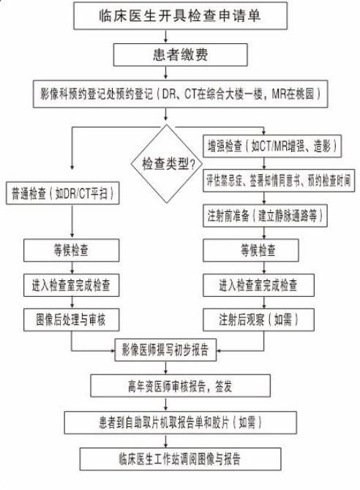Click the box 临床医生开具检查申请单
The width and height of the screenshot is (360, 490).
(x=181, y=16)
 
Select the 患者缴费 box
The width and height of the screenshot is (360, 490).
(x=181, y=55)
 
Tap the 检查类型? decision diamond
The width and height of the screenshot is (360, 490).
(x=167, y=164)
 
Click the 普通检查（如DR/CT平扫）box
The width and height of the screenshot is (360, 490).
(x=62, y=193)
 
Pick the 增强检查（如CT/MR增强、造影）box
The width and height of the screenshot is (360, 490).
(x=272, y=146)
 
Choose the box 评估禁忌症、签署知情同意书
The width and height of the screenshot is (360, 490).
(x=279, y=181)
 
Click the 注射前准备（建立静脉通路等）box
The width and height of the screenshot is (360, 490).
(x=265, y=216)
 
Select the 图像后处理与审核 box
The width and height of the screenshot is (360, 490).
(x=71, y=320)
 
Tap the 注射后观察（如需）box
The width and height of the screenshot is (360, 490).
(x=259, y=320)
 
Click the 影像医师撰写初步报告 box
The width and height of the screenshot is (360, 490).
(x=165, y=350)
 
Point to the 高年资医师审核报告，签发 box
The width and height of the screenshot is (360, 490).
(x=181, y=386)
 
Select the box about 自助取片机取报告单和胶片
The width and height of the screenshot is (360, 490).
(x=181, y=423)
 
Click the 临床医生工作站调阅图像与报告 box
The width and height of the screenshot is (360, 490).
(x=181, y=459)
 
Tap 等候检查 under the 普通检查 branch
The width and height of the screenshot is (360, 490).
(x=71, y=250)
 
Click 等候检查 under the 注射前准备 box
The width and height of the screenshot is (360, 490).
(x=251, y=250)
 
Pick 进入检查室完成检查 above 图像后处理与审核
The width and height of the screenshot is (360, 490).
(x=71, y=285)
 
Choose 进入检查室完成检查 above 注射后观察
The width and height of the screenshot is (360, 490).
(x=259, y=285)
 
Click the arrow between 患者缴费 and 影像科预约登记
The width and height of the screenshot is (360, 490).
(x=166, y=73)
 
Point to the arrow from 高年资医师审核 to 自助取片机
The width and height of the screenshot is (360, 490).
(x=166, y=404)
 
